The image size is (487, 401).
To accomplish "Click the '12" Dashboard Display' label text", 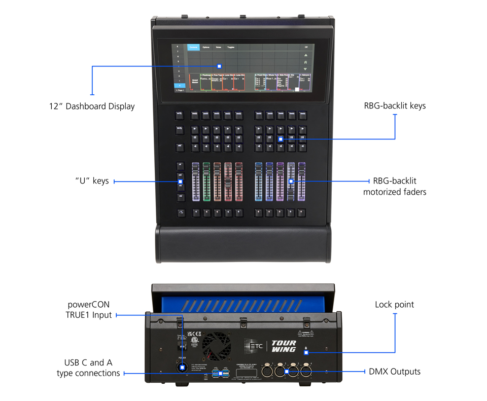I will [92, 106].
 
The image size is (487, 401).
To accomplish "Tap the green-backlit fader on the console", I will [206, 183].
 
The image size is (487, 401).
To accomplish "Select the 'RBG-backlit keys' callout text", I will [395, 106].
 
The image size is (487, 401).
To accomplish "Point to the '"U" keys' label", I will [92, 181].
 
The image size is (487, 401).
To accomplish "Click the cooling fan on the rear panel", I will [217, 347].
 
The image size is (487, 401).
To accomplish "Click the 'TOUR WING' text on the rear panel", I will [284, 346].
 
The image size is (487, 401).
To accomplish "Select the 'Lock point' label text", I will [394, 305].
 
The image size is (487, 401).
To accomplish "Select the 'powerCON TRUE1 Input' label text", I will [88, 310].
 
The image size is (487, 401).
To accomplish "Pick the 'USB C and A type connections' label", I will [92, 368].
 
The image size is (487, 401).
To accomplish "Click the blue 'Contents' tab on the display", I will [193, 47].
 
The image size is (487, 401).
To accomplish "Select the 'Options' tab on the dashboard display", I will [206, 47].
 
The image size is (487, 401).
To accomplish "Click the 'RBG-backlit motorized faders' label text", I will [395, 186].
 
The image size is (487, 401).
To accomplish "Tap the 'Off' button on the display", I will [305, 47].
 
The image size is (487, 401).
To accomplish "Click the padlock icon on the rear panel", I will [305, 353].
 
